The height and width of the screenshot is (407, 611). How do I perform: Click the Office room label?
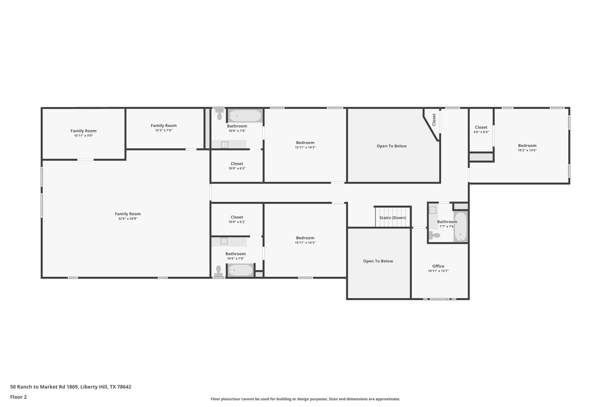click(x=438, y=266)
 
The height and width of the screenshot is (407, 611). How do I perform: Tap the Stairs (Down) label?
click(x=393, y=218)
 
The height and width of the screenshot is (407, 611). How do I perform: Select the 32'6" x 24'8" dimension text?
click(x=128, y=219)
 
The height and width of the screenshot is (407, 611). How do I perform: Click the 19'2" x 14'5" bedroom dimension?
click(x=527, y=150)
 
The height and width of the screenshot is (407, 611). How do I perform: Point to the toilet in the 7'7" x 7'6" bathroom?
click(x=435, y=236)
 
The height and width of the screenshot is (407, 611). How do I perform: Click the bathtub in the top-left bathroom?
click(x=245, y=116)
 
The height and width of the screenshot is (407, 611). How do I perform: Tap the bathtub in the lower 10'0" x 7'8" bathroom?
click(x=240, y=270)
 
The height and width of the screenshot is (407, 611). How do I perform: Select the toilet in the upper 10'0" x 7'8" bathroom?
click(x=220, y=115)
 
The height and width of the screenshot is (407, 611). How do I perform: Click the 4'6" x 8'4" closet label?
click(x=481, y=127)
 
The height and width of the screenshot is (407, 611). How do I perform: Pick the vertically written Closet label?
click(x=434, y=120)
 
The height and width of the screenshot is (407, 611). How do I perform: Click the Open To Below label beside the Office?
click(x=378, y=261)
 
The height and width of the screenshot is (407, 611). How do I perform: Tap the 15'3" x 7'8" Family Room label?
click(x=163, y=126)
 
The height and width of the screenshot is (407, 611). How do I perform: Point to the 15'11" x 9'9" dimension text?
click(x=84, y=136)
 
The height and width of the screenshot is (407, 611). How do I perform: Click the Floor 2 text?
click(x=18, y=397)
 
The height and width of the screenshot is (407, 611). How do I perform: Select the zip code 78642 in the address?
click(x=124, y=387)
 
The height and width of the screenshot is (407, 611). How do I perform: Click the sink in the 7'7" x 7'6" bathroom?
click(x=433, y=210)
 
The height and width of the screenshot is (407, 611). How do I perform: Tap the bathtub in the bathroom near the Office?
click(x=461, y=227)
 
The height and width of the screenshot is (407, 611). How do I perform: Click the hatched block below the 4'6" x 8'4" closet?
click(x=481, y=157)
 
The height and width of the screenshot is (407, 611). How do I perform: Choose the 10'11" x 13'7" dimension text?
click(x=438, y=271)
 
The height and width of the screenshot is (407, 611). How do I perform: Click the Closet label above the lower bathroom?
click(x=237, y=217)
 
